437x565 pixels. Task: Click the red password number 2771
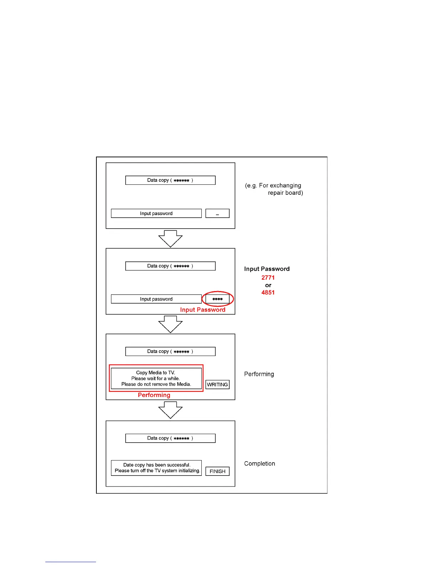point(268,278)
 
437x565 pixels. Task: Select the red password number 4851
point(268,292)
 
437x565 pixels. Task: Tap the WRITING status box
point(217,385)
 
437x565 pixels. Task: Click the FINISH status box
point(217,471)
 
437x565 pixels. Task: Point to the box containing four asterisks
point(217,299)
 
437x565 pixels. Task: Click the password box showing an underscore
point(217,213)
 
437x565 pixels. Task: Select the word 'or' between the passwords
point(268,285)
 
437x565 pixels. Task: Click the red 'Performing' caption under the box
point(154,395)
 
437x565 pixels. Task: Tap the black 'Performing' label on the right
point(259,374)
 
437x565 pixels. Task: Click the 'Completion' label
point(260,463)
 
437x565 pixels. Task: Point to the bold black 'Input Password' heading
point(267,269)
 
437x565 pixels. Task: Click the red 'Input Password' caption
point(202,310)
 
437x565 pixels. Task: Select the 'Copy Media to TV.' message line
point(156,372)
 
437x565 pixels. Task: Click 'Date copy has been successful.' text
point(157,465)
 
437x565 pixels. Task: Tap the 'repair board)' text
point(285,193)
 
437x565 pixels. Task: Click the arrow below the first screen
point(170,238)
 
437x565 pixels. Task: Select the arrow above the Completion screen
point(170,409)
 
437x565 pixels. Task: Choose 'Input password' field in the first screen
point(156,213)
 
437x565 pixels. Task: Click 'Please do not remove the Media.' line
point(156,384)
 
